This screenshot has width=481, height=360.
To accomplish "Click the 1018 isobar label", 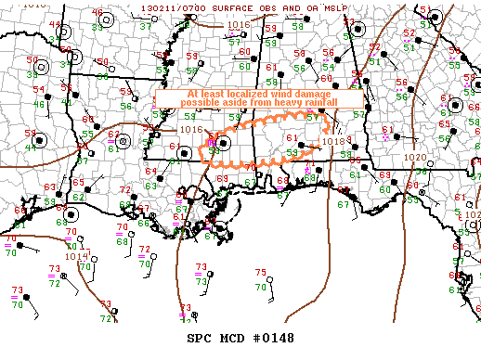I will (332, 143).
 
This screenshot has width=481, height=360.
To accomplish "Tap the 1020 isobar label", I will (415, 158).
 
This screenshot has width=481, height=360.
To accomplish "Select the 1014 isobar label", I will (76, 256).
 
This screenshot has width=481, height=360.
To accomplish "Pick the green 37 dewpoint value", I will (145, 26).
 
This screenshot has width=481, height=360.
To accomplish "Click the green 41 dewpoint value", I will (33, 145).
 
